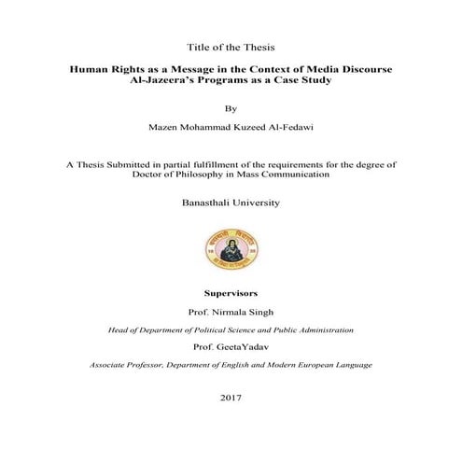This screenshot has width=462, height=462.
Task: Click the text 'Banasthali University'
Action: pos(231,202)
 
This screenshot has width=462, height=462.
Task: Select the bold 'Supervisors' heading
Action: pos(231,292)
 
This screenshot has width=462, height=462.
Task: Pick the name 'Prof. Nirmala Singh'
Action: pos(231,313)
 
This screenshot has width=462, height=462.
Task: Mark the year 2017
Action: pos(231,398)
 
